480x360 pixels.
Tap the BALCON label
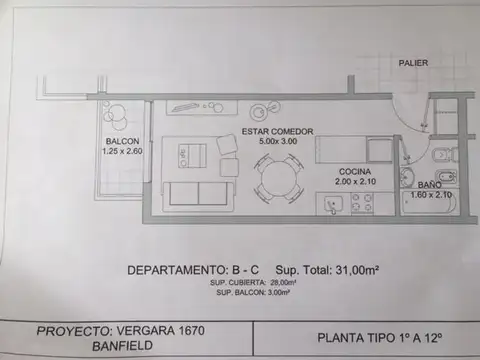pyautogui.click(x=121, y=141)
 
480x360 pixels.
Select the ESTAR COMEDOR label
pyautogui.click(x=277, y=131)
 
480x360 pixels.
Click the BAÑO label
pyautogui.click(x=429, y=186)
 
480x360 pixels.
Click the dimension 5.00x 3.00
pyautogui.click(x=278, y=143)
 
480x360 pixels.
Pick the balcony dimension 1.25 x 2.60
pyautogui.click(x=122, y=152)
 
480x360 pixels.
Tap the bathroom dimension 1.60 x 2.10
pyautogui.click(x=430, y=197)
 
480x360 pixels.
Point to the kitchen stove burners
pyautogui.click(x=361, y=203)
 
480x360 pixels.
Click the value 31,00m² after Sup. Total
pyautogui.click(x=350, y=271)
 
